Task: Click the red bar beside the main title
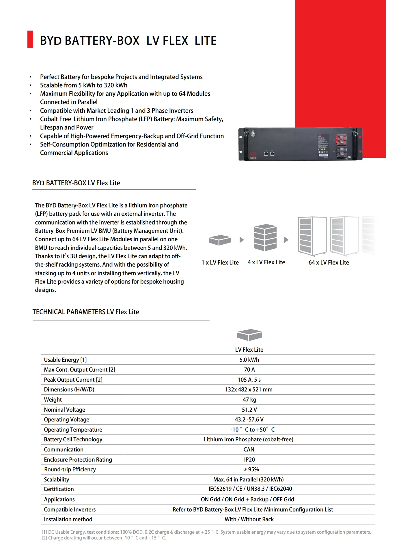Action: (x=30, y=39)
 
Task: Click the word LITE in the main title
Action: (x=205, y=41)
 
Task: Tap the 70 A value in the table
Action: (x=249, y=370)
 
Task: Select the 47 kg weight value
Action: (x=249, y=400)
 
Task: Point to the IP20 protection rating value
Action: (x=249, y=460)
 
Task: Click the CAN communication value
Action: (x=249, y=449)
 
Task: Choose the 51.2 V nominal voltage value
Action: (x=249, y=410)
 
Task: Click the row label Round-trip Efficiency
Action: (x=70, y=469)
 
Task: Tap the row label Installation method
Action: (x=68, y=519)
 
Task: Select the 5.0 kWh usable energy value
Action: (x=249, y=360)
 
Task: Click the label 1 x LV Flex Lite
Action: (x=220, y=263)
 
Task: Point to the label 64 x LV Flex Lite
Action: (x=329, y=263)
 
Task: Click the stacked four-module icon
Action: (x=265, y=237)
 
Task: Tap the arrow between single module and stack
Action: (x=242, y=240)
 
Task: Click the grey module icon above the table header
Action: (x=249, y=335)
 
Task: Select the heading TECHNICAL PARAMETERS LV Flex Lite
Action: (x=86, y=312)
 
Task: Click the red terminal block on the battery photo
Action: (x=342, y=140)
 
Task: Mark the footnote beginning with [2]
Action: (x=104, y=538)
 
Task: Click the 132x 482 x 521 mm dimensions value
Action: (x=249, y=389)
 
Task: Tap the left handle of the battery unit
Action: (x=246, y=144)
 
